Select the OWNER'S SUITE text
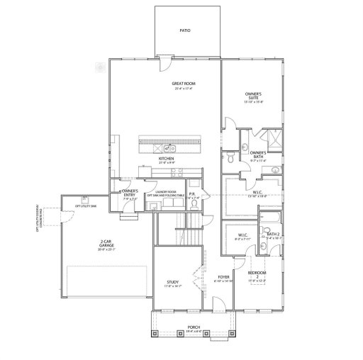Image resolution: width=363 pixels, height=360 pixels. pyautogui.click(x=254, y=94)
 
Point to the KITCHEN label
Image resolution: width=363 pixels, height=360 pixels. pyautogui.click(x=166, y=158)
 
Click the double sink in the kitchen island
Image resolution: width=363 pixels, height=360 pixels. pyautogui.click(x=170, y=148)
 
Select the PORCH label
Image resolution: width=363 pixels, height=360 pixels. pyautogui.click(x=194, y=326)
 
